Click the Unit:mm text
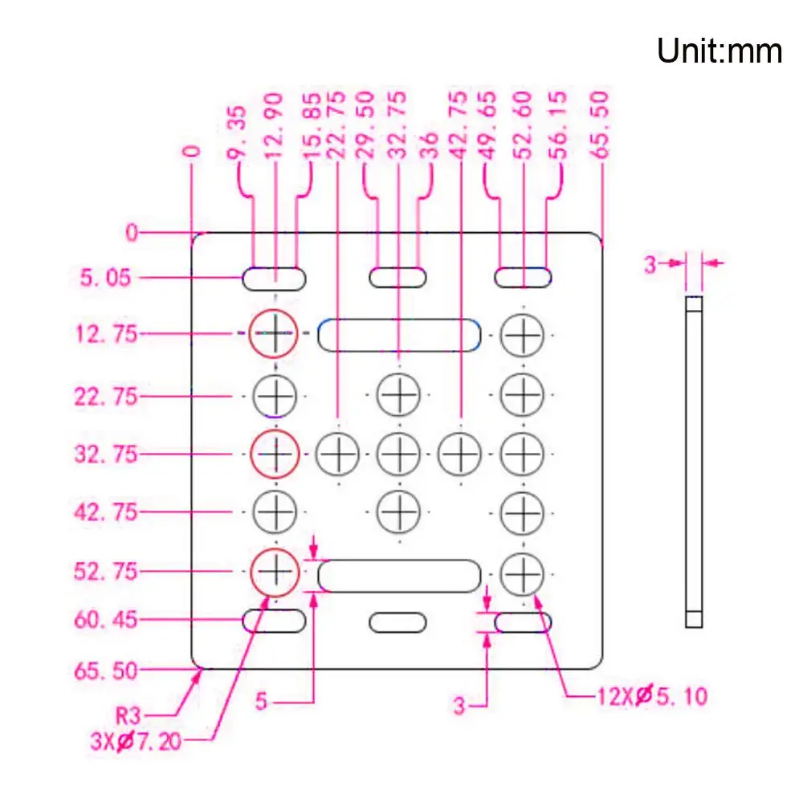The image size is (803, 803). [x=719, y=51]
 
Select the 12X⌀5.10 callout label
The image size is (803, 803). [x=651, y=695]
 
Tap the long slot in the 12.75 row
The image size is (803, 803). [x=399, y=334]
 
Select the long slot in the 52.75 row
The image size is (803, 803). [x=399, y=576]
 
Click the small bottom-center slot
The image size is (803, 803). [x=397, y=622]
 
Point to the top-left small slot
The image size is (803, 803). [x=275, y=279]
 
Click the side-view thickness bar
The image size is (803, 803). [x=694, y=461]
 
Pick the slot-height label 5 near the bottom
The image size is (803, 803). [x=261, y=702]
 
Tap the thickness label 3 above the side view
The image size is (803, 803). [x=650, y=264]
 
